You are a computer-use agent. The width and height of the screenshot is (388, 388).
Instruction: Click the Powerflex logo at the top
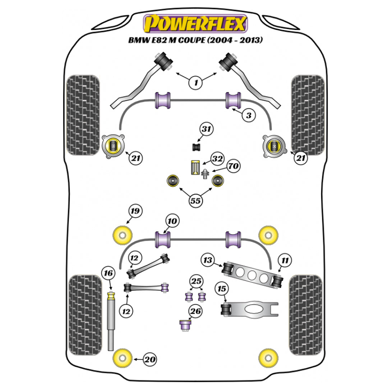[195, 24]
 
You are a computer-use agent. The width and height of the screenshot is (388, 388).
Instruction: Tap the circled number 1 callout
[196, 83]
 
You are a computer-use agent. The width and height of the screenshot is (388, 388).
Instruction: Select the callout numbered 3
[248, 115]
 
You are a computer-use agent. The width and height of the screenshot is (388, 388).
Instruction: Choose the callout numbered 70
[233, 166]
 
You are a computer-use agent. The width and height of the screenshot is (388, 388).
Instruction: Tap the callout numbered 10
[172, 221]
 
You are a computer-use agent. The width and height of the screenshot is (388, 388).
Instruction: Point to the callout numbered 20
[151, 359]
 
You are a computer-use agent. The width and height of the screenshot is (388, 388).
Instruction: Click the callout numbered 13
[209, 260]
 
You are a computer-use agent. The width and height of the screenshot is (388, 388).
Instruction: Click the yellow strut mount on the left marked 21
[113, 145]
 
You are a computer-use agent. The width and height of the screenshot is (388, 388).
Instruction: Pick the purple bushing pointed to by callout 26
[185, 325]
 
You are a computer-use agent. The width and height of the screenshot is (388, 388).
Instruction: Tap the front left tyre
[83, 115]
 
